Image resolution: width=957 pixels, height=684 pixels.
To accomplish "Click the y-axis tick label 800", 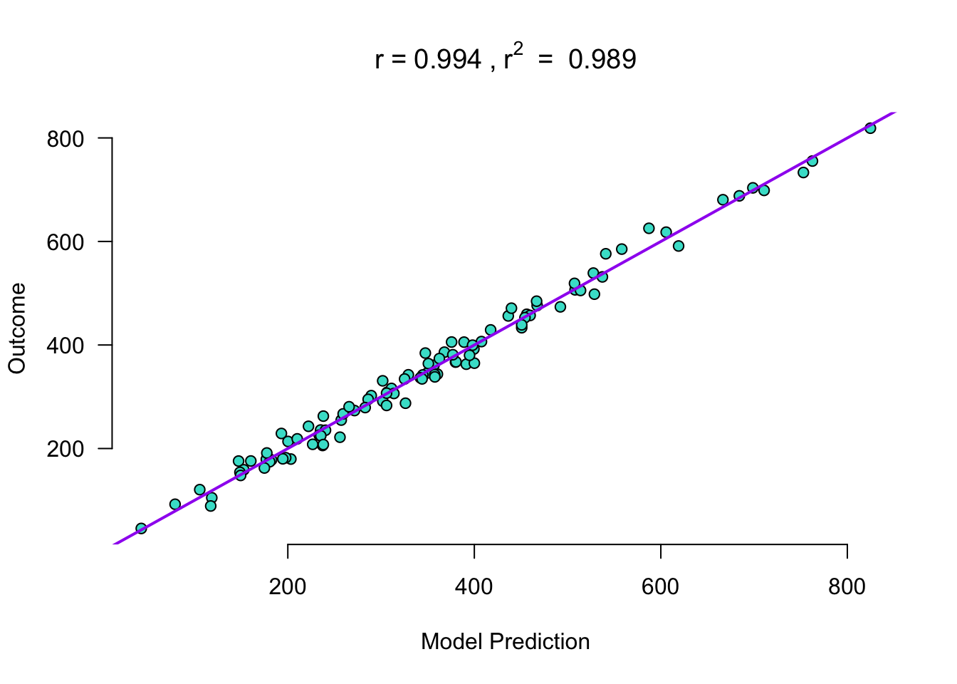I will [x=66, y=139].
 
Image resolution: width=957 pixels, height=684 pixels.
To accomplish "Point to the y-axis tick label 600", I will [x=66, y=242].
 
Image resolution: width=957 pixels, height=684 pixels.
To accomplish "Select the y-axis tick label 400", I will [x=66, y=346].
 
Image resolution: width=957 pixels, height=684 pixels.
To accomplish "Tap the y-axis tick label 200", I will [x=66, y=449].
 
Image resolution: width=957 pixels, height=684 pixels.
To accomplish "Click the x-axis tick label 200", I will [x=288, y=586].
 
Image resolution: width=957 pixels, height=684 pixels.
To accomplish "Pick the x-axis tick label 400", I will [x=474, y=586].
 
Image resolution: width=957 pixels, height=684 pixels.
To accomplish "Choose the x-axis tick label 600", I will [x=661, y=586].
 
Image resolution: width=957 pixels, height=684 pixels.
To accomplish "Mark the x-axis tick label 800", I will [x=847, y=586].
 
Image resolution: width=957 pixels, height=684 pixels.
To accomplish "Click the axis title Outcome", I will [x=17, y=328].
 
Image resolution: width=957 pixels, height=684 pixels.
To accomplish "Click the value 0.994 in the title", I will [x=447, y=60].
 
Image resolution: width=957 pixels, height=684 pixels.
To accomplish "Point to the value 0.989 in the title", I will [x=602, y=60].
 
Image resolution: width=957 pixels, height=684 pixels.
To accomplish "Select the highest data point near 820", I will [x=870, y=128].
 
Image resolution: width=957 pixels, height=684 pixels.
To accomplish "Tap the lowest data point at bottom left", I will [x=141, y=529].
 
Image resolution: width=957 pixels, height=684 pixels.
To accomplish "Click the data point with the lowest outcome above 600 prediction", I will [x=679, y=246].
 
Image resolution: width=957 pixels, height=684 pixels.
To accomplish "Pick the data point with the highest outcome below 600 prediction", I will [x=649, y=229].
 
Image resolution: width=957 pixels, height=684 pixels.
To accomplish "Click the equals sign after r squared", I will [x=545, y=61].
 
